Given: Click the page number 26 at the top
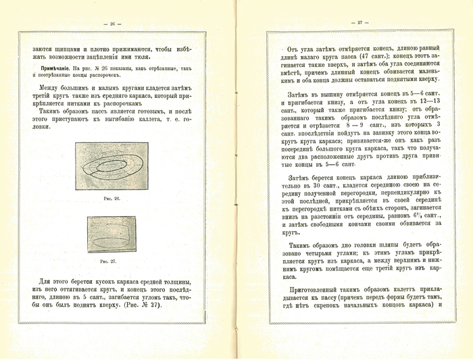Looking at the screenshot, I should (x=114, y=24).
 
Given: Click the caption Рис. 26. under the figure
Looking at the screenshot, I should (x=112, y=199).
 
